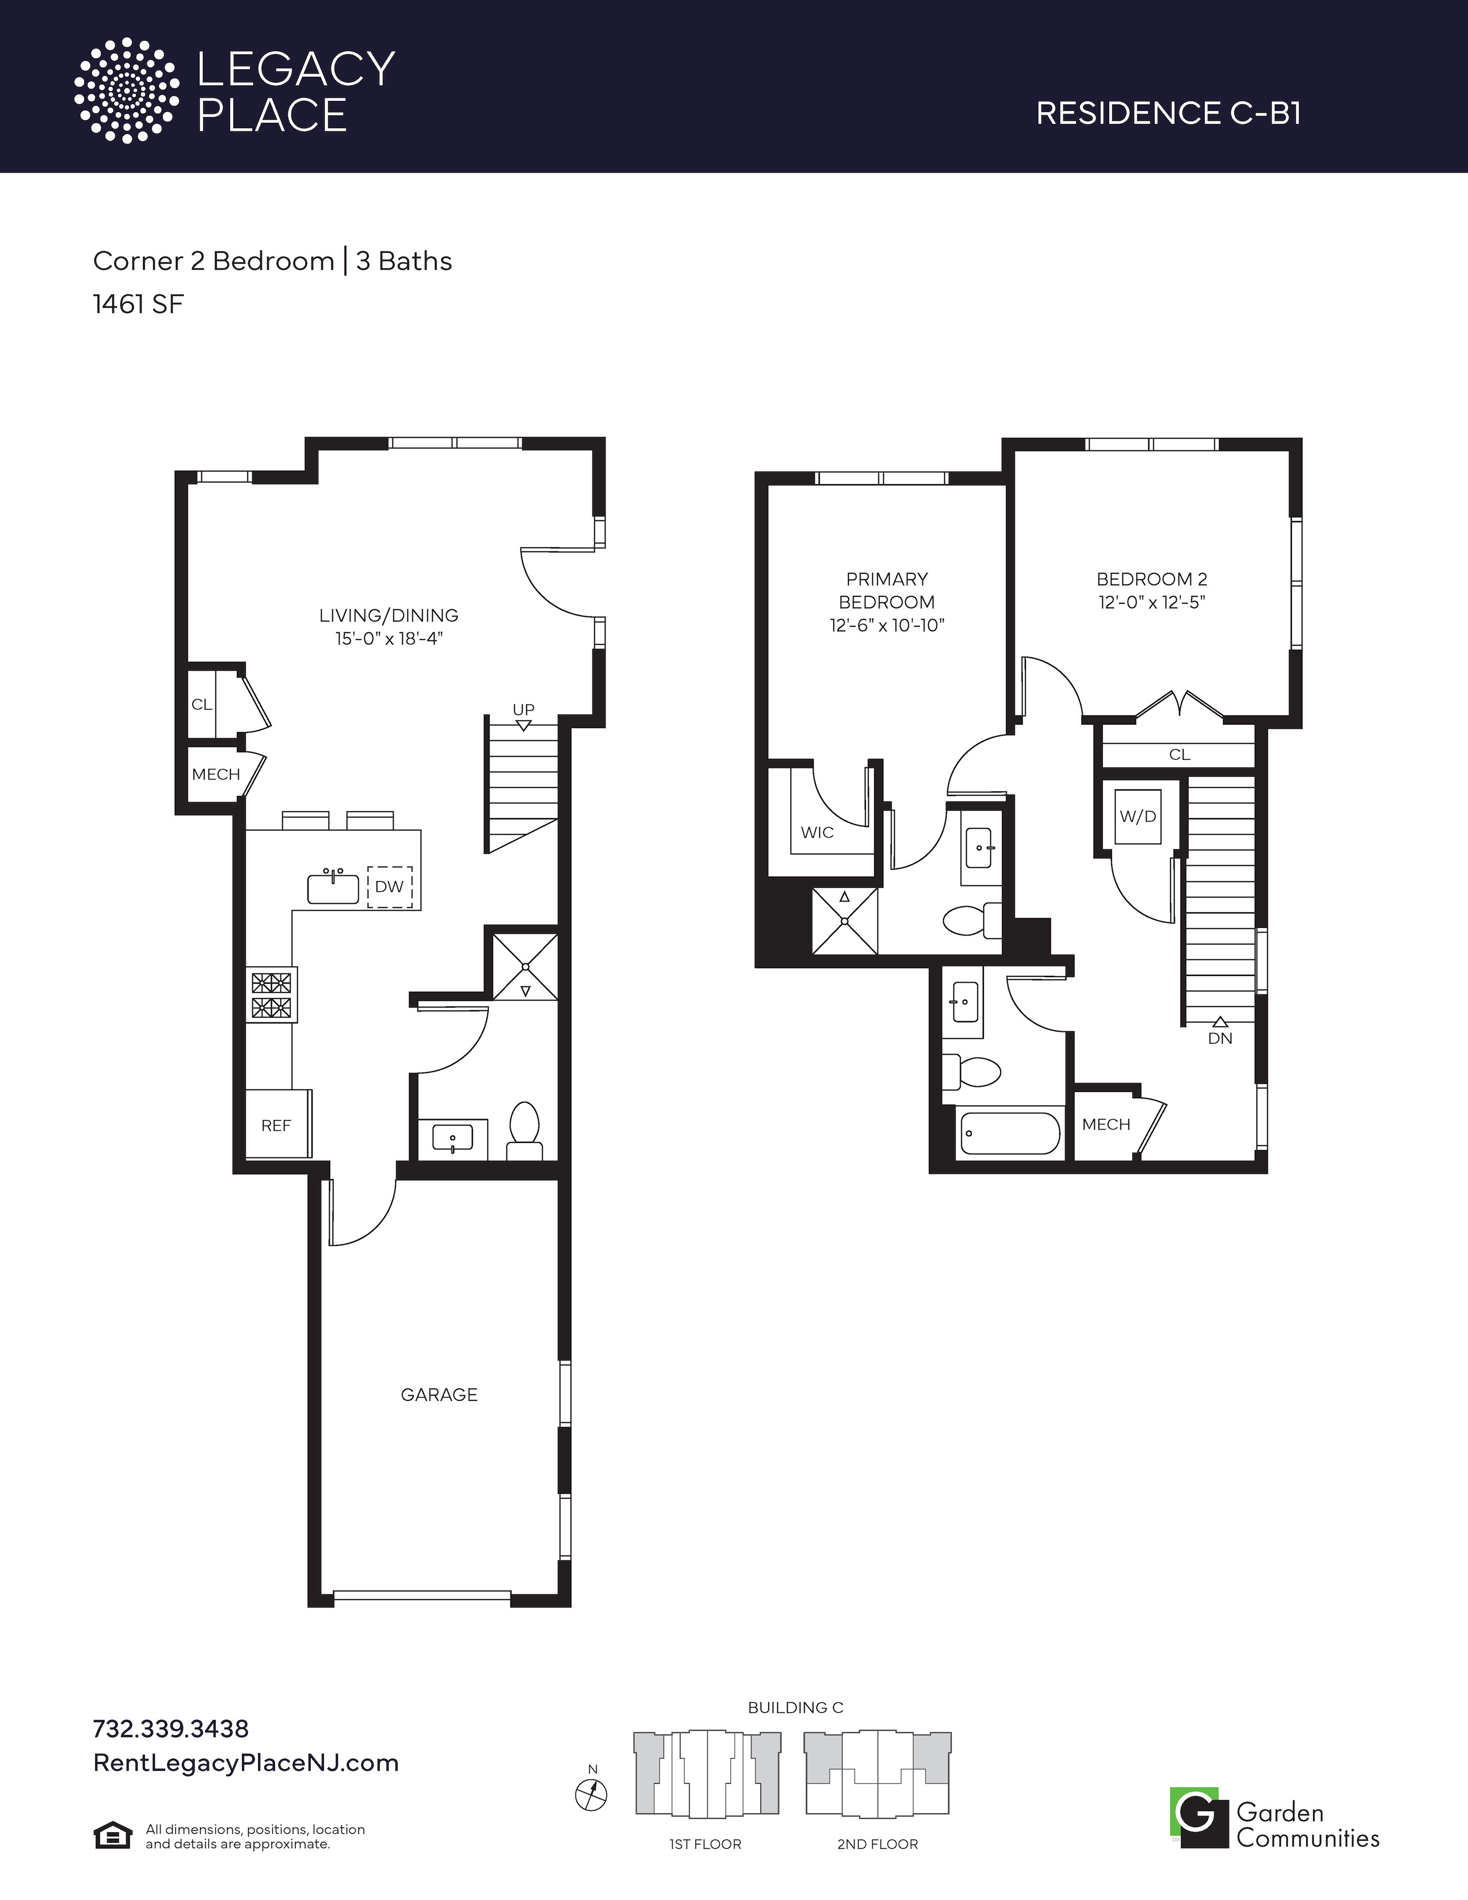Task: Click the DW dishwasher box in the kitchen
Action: click(x=390, y=887)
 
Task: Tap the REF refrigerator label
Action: click(x=276, y=1126)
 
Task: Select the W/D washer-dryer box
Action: click(x=1138, y=816)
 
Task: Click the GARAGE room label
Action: click(x=439, y=1394)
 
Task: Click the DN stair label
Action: click(x=1220, y=1038)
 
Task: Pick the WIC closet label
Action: click(x=817, y=833)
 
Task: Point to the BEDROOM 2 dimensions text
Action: click(x=1151, y=602)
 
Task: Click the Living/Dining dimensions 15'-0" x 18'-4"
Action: click(x=389, y=639)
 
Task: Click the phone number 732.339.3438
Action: click(x=170, y=1728)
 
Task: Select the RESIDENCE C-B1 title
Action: click(x=1168, y=113)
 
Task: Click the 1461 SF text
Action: click(x=138, y=305)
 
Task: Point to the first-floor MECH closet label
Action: click(x=216, y=774)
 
